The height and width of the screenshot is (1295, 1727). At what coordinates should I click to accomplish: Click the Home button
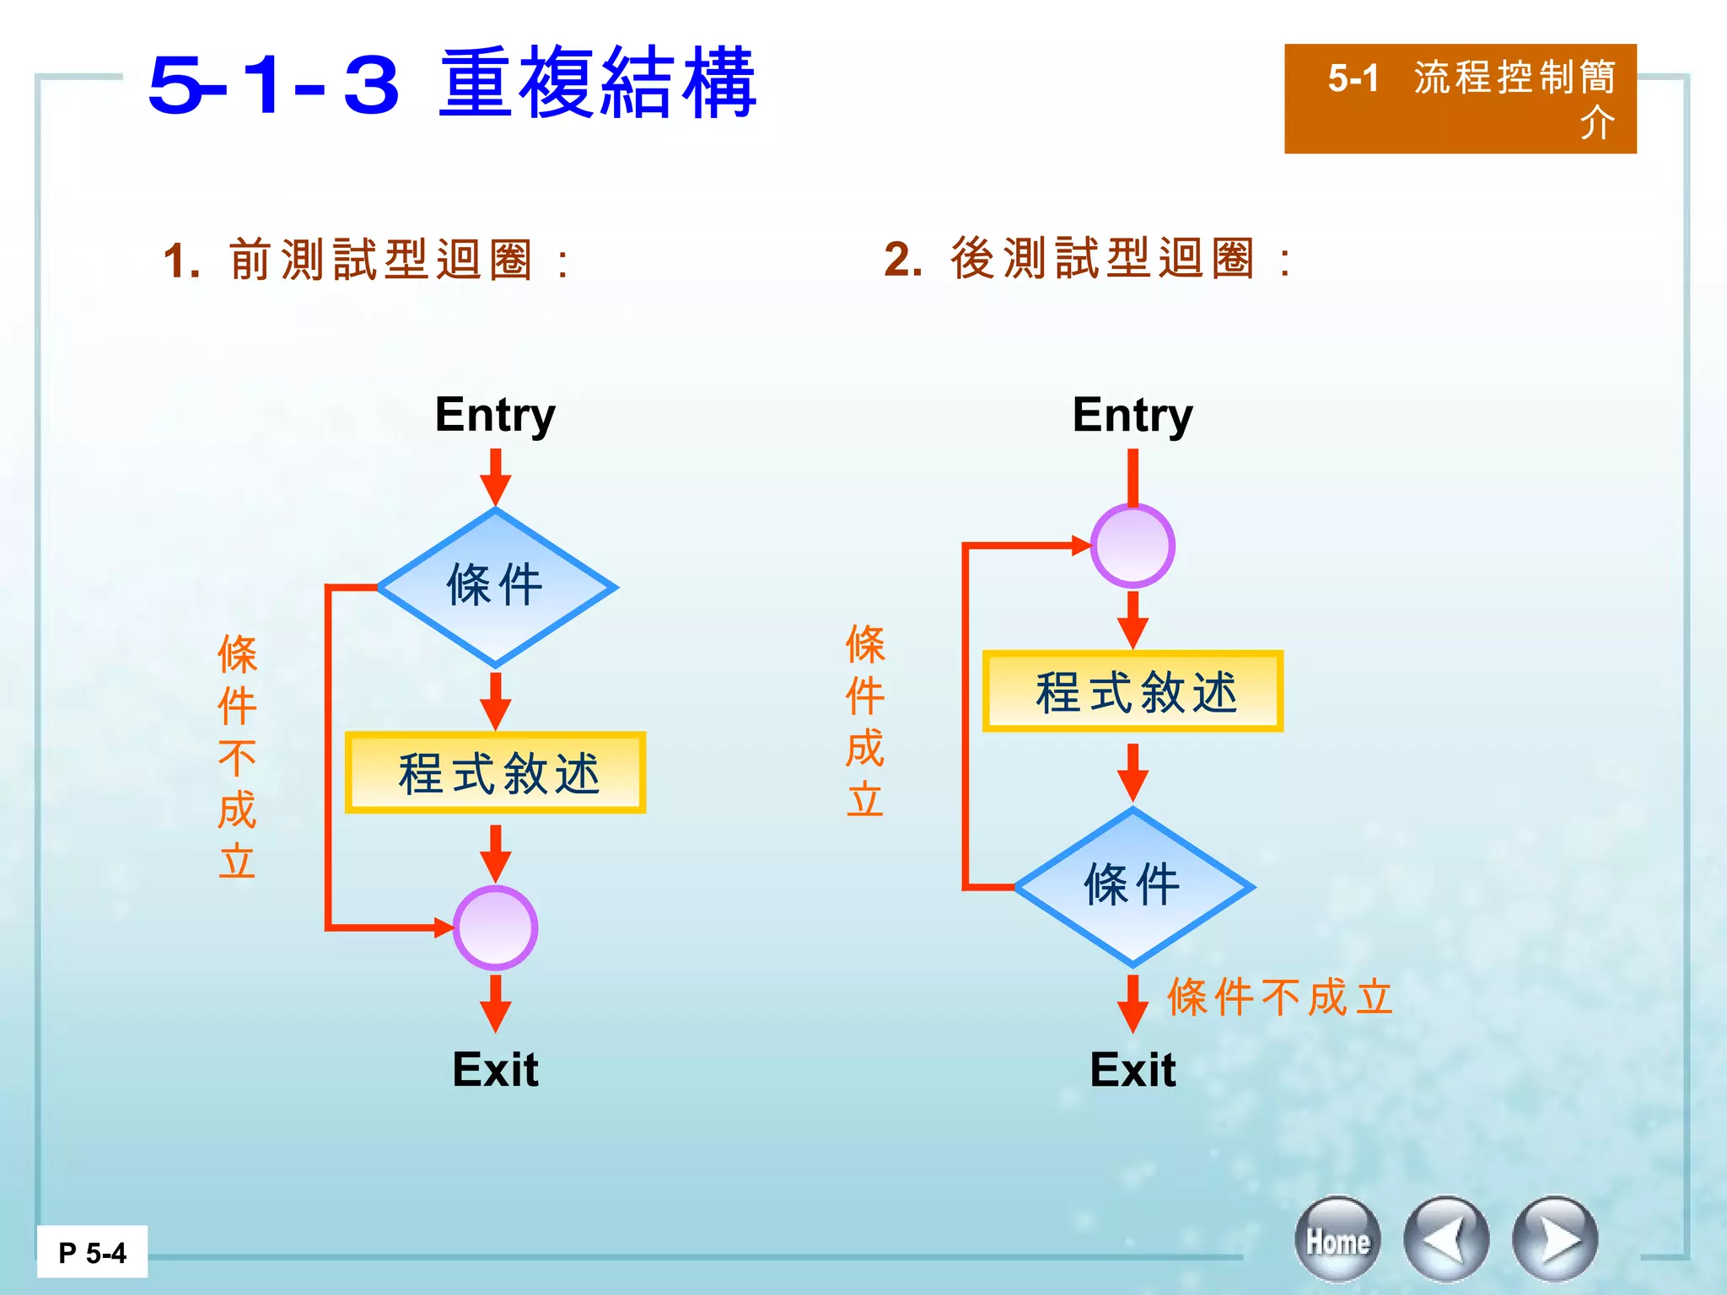click(x=1337, y=1240)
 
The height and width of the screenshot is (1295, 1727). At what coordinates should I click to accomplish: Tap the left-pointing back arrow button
click(x=1446, y=1240)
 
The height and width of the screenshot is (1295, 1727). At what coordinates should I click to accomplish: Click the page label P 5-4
click(x=92, y=1253)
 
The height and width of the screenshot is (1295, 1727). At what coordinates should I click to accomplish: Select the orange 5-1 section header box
click(x=1460, y=99)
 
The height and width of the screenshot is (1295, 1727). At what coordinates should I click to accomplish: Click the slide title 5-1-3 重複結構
click(x=452, y=83)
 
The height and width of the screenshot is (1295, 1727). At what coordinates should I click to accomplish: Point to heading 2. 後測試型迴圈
click(x=1087, y=258)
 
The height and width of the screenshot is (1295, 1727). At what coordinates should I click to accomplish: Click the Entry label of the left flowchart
click(x=495, y=415)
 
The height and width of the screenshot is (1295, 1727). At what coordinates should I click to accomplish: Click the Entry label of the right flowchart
click(x=1133, y=415)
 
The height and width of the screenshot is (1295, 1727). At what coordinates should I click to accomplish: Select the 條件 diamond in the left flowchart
click(x=496, y=587)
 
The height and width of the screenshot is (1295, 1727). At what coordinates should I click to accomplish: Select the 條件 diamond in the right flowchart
click(x=1133, y=887)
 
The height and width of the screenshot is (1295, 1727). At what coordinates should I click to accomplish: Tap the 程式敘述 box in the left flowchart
click(x=496, y=773)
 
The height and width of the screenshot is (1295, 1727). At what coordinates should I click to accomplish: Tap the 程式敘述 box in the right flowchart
click(x=1133, y=691)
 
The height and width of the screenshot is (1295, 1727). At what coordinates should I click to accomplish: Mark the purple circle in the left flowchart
click(x=496, y=927)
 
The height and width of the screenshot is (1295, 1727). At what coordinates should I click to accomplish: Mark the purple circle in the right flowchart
click(x=1133, y=546)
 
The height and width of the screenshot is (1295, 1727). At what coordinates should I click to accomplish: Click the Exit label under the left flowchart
click(x=495, y=1070)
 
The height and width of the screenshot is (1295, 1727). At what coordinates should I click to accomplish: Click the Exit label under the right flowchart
click(x=1133, y=1070)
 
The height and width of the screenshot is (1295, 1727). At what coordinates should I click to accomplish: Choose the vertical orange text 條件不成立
click(x=237, y=757)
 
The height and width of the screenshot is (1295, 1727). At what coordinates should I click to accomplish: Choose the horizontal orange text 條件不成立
click(x=1280, y=997)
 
